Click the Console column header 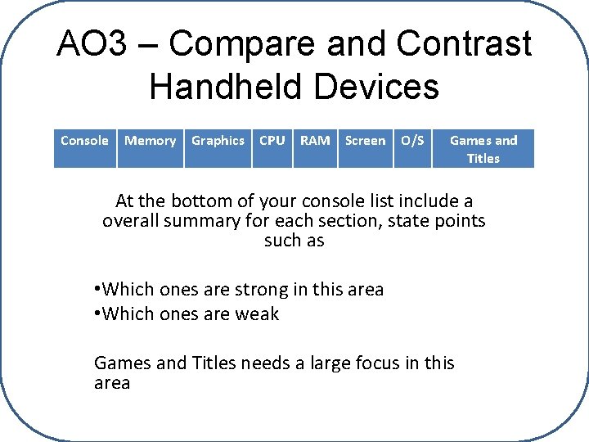point(84,141)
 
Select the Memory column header point(150,141)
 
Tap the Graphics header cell point(218,141)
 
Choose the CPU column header point(272,141)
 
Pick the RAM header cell point(315,141)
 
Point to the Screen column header point(365,141)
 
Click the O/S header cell point(412,141)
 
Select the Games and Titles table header point(483,149)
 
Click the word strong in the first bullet point(262,290)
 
